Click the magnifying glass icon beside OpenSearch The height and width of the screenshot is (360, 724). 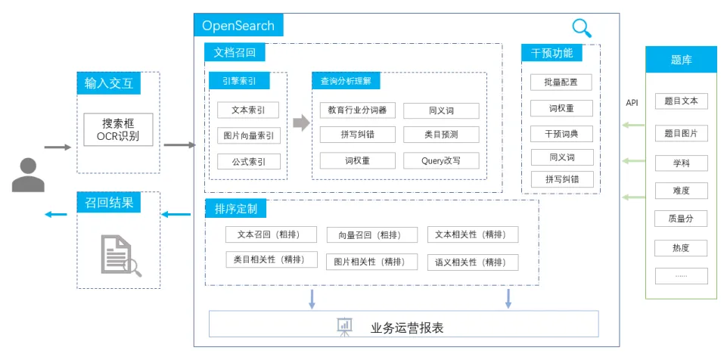click(x=581, y=28)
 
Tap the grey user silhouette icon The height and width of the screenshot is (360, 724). click(x=28, y=175)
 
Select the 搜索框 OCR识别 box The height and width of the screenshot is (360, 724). click(x=118, y=129)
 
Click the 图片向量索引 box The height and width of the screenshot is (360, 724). click(x=248, y=135)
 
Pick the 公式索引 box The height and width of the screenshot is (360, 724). click(x=248, y=162)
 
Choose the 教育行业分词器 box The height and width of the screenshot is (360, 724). click(x=357, y=110)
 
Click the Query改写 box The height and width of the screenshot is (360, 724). click(x=441, y=160)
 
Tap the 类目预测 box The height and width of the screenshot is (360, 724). click(x=441, y=135)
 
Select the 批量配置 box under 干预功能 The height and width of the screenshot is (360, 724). click(x=561, y=82)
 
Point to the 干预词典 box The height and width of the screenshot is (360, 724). click(x=561, y=134)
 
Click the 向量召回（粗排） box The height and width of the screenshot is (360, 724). click(x=371, y=234)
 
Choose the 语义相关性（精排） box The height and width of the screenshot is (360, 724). click(x=473, y=262)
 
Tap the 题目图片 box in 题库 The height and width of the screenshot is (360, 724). click(x=681, y=133)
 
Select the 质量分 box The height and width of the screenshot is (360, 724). click(x=681, y=219)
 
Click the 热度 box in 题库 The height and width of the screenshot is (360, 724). click(x=681, y=248)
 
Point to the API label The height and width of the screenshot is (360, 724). click(x=632, y=103)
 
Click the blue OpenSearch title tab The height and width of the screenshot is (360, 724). click(x=238, y=25)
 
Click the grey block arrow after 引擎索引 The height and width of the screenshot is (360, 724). click(x=301, y=123)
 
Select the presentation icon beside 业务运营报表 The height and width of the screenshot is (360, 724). click(x=344, y=327)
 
